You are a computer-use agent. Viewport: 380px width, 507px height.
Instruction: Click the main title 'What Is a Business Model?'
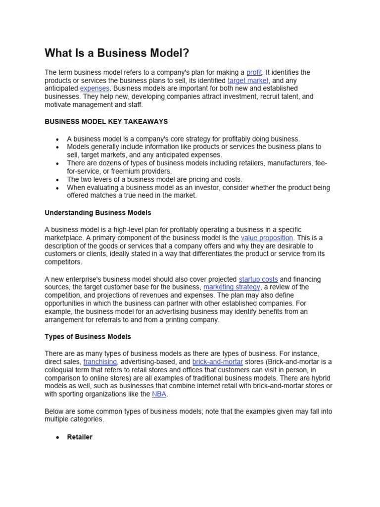click(x=117, y=53)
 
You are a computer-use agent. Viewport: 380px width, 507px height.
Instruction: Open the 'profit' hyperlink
click(x=254, y=72)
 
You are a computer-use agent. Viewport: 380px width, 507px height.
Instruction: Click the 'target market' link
click(x=248, y=80)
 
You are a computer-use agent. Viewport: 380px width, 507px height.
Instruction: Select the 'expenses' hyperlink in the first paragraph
click(x=95, y=88)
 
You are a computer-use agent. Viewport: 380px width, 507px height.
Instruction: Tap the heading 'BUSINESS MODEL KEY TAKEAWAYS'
click(x=106, y=121)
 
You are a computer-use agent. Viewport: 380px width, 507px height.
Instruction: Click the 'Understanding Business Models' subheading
click(x=98, y=213)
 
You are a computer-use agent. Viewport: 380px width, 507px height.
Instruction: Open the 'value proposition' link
click(x=267, y=238)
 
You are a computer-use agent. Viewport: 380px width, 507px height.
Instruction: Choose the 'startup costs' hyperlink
click(x=258, y=279)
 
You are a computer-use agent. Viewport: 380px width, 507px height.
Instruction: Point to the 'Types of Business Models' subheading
click(x=88, y=337)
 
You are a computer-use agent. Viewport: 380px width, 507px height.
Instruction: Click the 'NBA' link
click(x=159, y=394)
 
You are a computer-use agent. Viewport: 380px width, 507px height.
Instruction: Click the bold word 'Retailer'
click(x=80, y=437)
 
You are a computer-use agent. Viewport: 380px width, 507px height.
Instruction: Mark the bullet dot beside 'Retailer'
click(x=58, y=438)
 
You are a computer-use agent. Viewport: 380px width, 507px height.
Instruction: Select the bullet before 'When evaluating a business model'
click(x=58, y=188)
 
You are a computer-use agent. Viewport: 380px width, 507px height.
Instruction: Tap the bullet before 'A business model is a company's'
click(x=58, y=139)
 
